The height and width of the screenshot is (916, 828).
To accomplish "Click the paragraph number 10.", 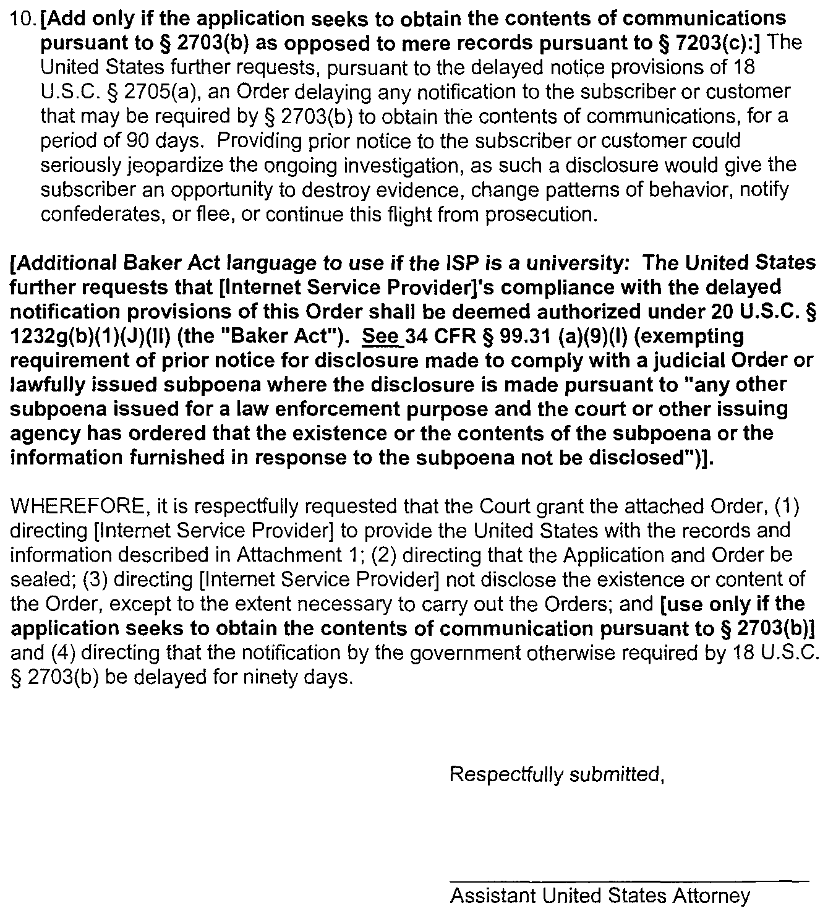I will pyautogui.click(x=23, y=19).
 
